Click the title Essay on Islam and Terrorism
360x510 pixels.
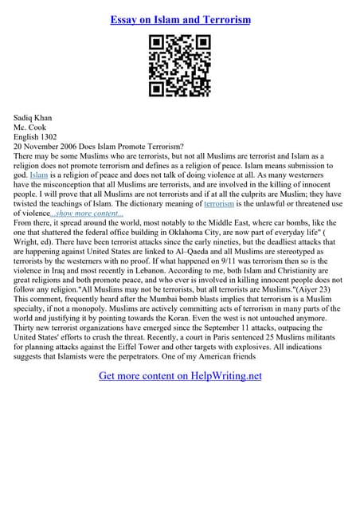tap(179, 19)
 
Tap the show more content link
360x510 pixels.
tap(87, 214)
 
